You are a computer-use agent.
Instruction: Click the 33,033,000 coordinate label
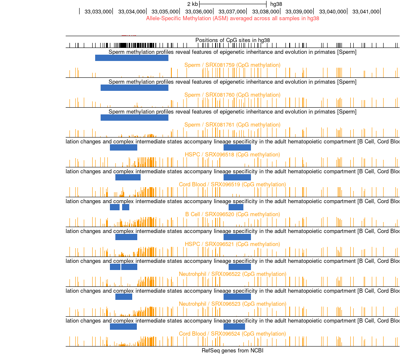tap(98, 11)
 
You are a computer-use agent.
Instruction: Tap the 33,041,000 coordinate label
tap(366, 11)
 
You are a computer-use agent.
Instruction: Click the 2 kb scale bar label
tap(192, 4)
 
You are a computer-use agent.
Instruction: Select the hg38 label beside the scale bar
tap(276, 4)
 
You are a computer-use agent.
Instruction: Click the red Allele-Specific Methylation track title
tap(232, 19)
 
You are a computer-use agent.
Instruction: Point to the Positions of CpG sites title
tap(232, 40)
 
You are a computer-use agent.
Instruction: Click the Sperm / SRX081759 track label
tap(232, 65)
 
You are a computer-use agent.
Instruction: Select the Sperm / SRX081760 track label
tap(232, 95)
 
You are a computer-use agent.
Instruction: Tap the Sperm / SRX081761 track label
tap(232, 125)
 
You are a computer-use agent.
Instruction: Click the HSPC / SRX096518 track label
tap(232, 155)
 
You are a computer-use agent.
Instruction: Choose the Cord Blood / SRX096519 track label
tap(232, 185)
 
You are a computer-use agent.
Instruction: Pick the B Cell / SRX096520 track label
tap(232, 214)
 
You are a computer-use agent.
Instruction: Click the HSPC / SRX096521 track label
tap(232, 244)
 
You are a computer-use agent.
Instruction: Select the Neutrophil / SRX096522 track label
tap(232, 274)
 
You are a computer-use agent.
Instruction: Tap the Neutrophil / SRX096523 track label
tap(232, 304)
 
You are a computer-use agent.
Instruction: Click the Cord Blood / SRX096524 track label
tap(232, 334)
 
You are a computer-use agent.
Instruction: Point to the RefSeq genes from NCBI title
tap(232, 351)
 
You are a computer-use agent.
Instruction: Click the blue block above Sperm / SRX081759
tap(132, 58)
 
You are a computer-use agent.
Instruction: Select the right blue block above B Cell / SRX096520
tap(236, 207)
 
